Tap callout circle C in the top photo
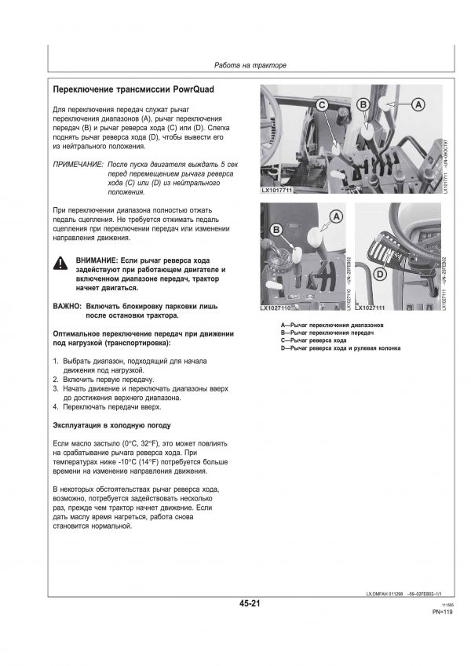coord(322,104)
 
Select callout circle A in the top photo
coord(418,104)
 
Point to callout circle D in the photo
coord(380,274)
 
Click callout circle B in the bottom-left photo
coord(276,229)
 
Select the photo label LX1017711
coord(279,191)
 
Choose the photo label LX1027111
coord(373,308)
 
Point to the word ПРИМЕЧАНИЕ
coord(78,166)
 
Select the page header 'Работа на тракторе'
coord(251,64)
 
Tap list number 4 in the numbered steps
coord(55,407)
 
